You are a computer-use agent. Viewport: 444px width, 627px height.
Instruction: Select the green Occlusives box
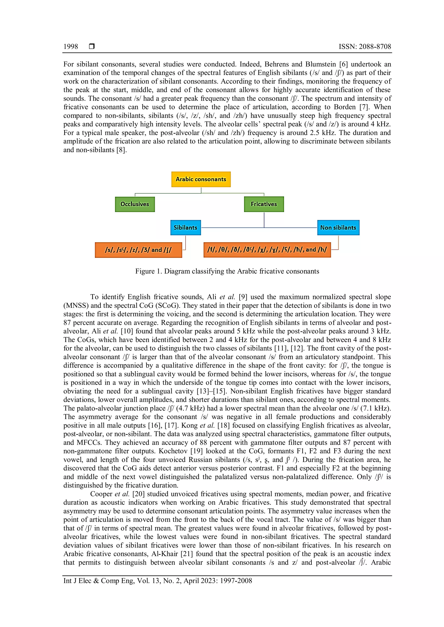pyautogui.click(x=135, y=204)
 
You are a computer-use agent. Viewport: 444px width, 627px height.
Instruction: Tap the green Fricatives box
pyautogui.click(x=264, y=204)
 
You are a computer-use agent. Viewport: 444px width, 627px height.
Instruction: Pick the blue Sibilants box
pyautogui.click(x=185, y=228)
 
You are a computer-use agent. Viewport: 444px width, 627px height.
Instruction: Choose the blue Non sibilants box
pyautogui.click(x=338, y=228)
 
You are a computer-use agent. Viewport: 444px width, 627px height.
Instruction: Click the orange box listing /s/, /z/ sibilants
pyautogui.click(x=138, y=250)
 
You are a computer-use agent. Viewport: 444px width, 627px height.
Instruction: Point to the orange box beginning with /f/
pyautogui.click(x=267, y=250)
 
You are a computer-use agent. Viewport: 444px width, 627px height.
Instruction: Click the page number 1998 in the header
pyautogui.click(x=70, y=47)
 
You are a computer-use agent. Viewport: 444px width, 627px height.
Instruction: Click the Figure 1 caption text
pyautogui.click(x=227, y=271)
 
